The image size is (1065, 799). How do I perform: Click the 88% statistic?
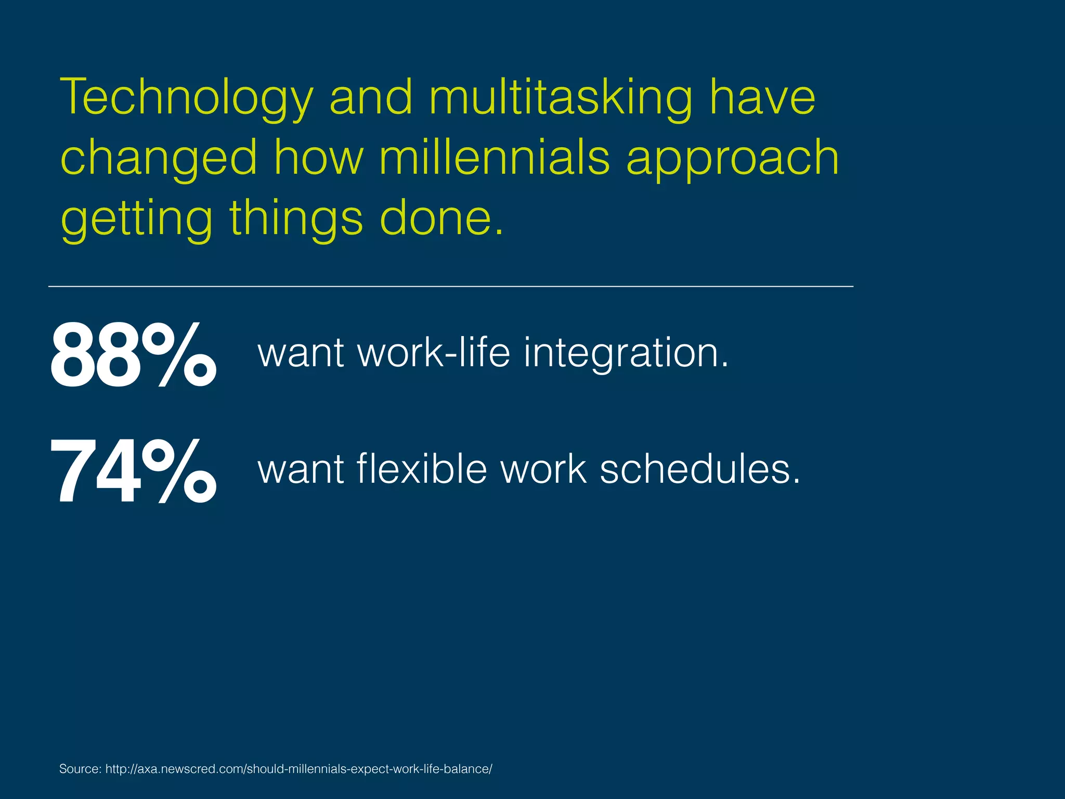(133, 355)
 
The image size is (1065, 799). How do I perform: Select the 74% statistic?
(133, 471)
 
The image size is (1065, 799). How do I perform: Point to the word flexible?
(422, 469)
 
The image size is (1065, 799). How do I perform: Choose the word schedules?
(700, 469)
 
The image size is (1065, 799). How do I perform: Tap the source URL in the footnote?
(298, 769)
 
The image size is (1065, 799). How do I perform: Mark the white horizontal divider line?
(450, 286)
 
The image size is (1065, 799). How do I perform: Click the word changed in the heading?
(159, 159)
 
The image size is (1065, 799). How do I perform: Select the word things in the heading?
(296, 218)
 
